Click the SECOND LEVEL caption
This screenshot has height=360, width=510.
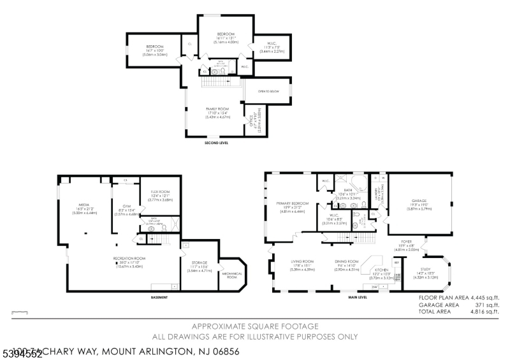pos(216,143)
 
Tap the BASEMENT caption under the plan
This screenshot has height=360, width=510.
pos(159,298)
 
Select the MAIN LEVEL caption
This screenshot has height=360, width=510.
pos(357,298)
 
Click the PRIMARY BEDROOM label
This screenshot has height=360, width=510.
pos(292,203)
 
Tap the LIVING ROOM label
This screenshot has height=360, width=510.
pos(303,261)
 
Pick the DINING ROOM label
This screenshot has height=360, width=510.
pos(347,261)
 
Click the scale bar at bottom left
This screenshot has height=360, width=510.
pos(20,312)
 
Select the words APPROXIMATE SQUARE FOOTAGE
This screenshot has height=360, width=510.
pos(255,325)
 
